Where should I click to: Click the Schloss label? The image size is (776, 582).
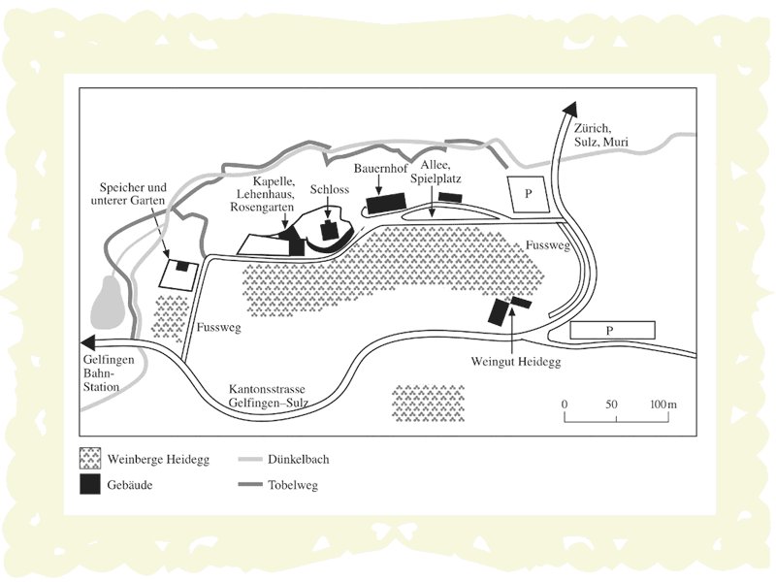[x=330, y=190]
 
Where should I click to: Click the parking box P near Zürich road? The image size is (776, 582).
[x=528, y=194]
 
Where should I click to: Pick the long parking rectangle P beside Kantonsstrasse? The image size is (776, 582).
[x=610, y=330]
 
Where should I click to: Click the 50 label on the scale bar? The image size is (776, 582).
[x=612, y=404]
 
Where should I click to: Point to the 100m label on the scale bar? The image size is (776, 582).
[x=663, y=404]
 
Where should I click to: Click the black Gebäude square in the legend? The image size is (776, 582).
[x=90, y=485]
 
